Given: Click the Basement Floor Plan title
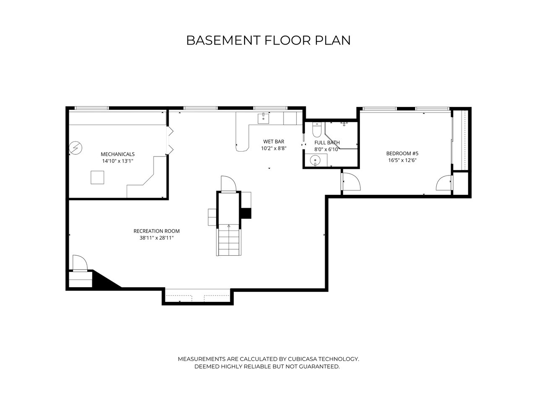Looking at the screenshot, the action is click(x=268, y=40).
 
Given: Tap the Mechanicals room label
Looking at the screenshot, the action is click(x=117, y=154).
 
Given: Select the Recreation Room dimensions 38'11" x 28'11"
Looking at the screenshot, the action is click(x=156, y=238).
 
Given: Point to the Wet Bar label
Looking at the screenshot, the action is click(x=274, y=141).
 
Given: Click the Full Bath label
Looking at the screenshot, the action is click(x=327, y=143).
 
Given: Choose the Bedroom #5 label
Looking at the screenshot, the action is click(x=402, y=153).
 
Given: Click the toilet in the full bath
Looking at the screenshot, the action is click(x=317, y=130).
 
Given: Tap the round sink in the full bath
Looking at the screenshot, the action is click(x=315, y=160).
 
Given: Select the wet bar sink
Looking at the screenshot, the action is click(x=263, y=118).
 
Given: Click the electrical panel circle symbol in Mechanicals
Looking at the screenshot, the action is click(x=76, y=148).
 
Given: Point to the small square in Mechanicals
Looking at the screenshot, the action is click(x=97, y=178).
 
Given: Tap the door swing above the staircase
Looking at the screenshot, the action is click(x=228, y=183).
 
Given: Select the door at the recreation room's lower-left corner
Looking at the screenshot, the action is click(x=80, y=263).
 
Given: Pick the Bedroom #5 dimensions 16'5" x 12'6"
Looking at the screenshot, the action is click(x=402, y=160).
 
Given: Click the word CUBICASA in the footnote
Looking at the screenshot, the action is click(x=302, y=359).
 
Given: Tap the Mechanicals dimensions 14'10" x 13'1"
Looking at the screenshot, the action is click(x=117, y=161).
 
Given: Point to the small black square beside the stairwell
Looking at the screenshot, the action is click(x=246, y=213).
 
